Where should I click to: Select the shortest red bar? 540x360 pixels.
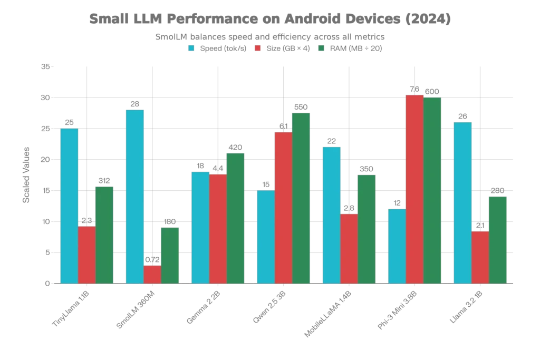(152, 274)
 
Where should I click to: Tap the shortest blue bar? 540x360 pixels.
(397, 246)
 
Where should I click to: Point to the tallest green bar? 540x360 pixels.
(432, 190)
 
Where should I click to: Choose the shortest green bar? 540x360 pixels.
(170, 255)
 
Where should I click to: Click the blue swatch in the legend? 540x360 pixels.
(192, 49)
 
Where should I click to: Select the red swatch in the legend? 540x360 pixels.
(258, 49)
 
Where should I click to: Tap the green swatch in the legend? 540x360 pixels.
(321, 49)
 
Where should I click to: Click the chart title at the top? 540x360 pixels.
(270, 20)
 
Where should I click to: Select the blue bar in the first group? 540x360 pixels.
(69, 206)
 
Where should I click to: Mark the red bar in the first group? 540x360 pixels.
(86, 255)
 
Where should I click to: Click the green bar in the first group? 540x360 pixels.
(104, 235)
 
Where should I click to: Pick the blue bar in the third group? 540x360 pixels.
(200, 227)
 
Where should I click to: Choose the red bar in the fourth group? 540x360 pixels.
(283, 207)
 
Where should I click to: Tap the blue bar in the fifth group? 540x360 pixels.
(331, 214)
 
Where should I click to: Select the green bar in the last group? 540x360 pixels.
(498, 240)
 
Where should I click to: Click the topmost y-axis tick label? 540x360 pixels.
(45, 67)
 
